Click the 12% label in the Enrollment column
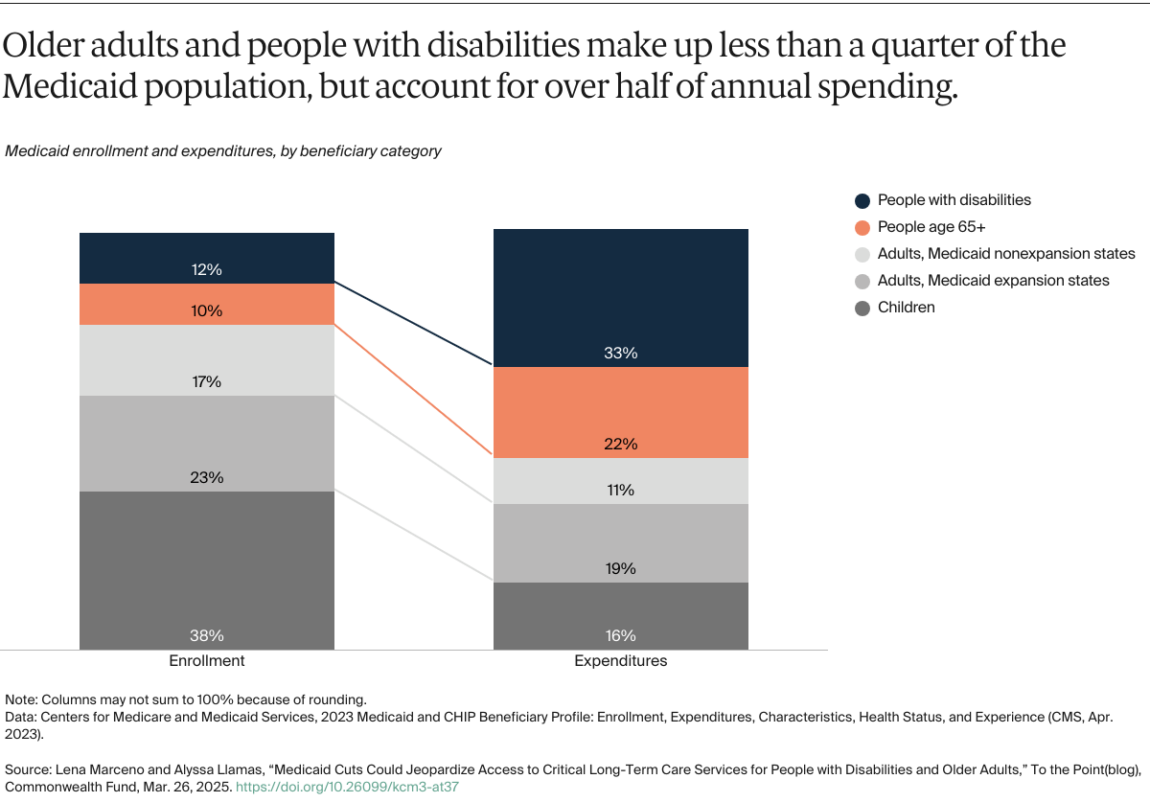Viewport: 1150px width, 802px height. tap(206, 270)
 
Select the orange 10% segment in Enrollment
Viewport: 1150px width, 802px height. tap(206, 305)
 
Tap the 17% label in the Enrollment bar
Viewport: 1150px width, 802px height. tap(206, 382)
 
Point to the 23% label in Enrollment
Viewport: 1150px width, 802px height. tap(206, 477)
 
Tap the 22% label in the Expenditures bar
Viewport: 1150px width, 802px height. tap(620, 445)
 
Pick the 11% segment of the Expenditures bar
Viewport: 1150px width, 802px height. tap(620, 481)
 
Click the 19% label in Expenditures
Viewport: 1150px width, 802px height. tap(620, 568)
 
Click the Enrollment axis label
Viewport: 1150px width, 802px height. tap(207, 661)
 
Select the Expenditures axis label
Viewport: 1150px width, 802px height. tap(620, 661)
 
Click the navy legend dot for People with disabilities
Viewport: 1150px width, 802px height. tap(862, 200)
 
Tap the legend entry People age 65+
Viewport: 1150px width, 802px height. tap(931, 227)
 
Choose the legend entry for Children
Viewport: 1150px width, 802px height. tap(906, 308)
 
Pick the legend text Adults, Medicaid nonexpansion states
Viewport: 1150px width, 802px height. tap(1005, 254)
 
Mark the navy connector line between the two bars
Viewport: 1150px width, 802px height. tap(414, 325)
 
